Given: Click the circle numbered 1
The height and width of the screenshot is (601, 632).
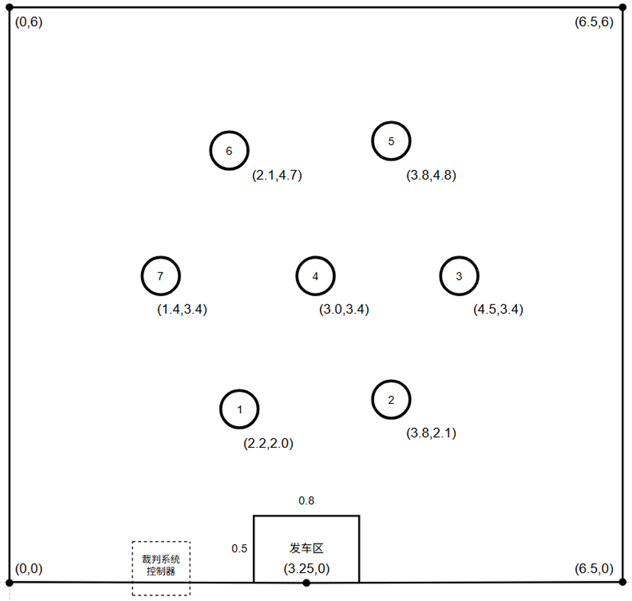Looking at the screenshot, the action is [x=239, y=390].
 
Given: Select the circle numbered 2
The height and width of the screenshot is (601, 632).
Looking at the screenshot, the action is [x=391, y=381].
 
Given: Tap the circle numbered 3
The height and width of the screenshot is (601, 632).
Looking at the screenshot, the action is [x=459, y=257].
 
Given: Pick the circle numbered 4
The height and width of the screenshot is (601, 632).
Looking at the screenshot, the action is [x=316, y=257].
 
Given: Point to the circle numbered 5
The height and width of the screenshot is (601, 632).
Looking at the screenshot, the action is [x=391, y=122].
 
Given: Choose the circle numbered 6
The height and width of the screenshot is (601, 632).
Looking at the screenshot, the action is [x=230, y=132].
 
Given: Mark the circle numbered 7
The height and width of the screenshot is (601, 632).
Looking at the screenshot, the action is [x=161, y=257].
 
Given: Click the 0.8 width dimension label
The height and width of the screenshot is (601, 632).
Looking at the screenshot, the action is [x=307, y=501].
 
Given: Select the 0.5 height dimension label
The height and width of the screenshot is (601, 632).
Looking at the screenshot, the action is [x=239, y=548].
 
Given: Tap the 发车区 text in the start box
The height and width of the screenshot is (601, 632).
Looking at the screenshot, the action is [x=307, y=548].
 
